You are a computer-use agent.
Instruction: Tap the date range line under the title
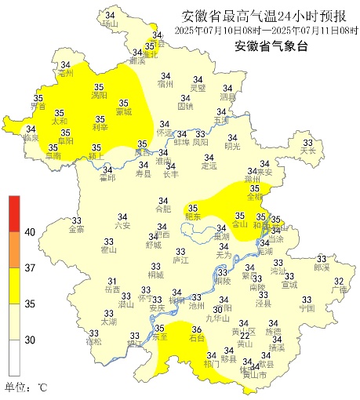[252, 30]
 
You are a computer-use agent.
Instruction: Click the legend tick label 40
[30, 232]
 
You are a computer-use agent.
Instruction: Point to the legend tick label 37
[30, 267]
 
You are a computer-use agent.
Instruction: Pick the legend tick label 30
[30, 340]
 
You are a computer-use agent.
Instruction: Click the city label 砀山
[109, 24]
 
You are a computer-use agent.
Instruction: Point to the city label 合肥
[162, 209]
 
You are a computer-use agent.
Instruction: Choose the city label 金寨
[76, 230]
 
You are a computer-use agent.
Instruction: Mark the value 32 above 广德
[340, 281]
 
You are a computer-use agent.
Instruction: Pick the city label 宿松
[93, 342]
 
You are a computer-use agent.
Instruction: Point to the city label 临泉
[31, 138]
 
